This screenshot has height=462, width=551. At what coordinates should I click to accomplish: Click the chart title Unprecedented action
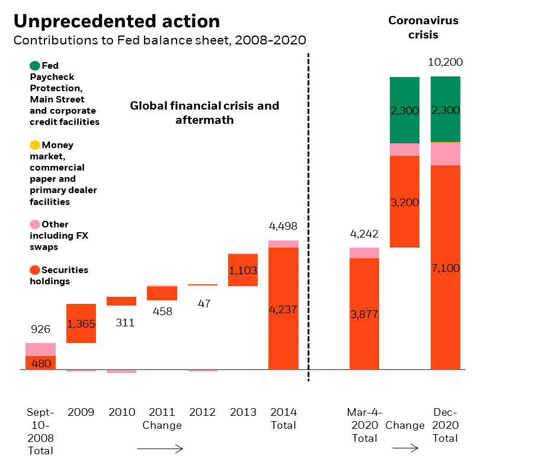(117, 21)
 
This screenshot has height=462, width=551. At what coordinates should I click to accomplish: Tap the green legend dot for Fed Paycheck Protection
(35, 66)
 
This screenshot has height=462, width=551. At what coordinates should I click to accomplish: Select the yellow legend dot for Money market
(35, 145)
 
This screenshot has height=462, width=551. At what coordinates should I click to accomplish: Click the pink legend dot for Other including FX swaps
(35, 224)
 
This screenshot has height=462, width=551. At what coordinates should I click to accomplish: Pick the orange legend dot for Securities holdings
(35, 270)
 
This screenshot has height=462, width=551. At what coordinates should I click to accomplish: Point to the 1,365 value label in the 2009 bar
(81, 324)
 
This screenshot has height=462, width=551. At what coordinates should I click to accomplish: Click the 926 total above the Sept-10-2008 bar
(40, 329)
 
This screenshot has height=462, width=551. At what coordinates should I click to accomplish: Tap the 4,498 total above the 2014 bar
(283, 226)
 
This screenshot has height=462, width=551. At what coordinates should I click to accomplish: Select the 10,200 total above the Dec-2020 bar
(445, 62)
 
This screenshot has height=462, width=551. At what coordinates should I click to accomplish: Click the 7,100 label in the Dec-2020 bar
(446, 268)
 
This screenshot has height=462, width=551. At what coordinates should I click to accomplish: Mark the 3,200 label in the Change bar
(405, 203)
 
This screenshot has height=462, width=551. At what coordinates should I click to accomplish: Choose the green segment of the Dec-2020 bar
(446, 110)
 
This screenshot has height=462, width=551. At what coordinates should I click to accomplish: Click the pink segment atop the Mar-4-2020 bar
(364, 253)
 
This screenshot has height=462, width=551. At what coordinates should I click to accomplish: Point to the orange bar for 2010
(121, 301)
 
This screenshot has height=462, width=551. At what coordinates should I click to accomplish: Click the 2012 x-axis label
(203, 412)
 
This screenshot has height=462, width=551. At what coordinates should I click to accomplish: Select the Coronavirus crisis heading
(423, 28)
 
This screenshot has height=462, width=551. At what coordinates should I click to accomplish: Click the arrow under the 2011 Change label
(160, 449)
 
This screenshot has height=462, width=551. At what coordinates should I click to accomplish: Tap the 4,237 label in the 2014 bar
(283, 309)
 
